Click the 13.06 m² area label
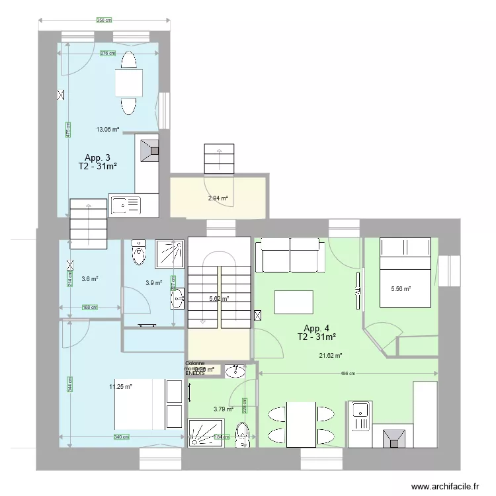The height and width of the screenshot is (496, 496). click(x=107, y=130)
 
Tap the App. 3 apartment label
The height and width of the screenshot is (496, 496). click(x=98, y=157)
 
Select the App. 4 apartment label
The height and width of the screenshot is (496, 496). click(x=317, y=328)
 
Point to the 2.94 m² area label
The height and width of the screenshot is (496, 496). click(x=218, y=198)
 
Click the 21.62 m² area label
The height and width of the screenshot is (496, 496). click(x=330, y=355)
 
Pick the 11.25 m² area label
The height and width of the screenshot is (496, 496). click(x=121, y=387)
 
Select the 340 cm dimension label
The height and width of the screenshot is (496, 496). click(x=121, y=436)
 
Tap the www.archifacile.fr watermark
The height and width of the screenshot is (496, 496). click(x=444, y=487)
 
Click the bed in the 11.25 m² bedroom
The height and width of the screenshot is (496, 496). click(x=149, y=404)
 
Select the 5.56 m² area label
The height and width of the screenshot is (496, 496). click(x=401, y=288)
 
